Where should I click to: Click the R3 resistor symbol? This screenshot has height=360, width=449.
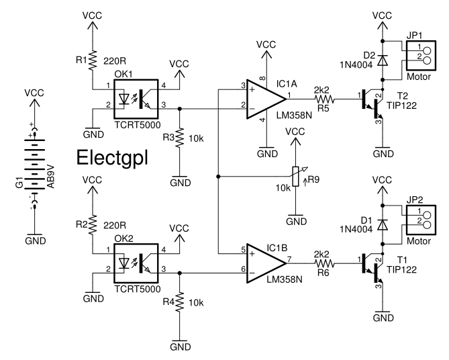(x=179, y=140)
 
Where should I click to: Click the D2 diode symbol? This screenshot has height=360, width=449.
(x=383, y=58)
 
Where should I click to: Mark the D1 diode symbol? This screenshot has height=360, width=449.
(x=383, y=222)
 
